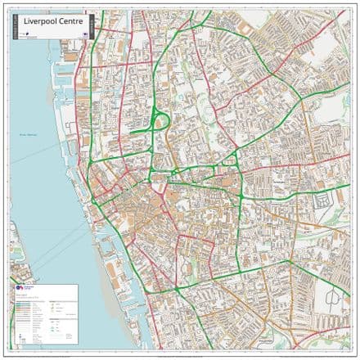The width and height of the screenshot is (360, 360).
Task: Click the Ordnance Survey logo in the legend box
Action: [19, 289]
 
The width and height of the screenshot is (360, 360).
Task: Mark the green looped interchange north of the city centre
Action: [160, 123]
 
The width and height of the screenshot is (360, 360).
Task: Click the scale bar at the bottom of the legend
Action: [33, 343]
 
